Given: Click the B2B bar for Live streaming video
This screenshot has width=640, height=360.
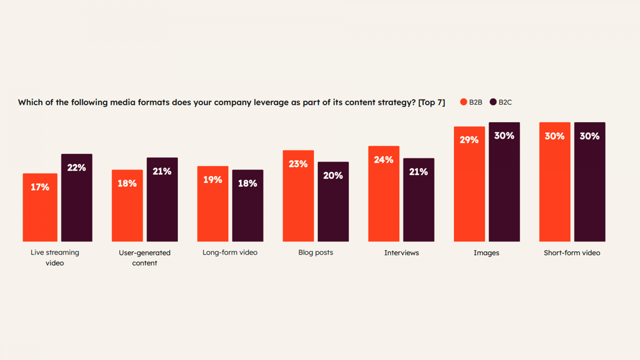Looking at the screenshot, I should [40, 208].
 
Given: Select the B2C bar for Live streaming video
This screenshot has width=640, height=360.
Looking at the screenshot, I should [77, 198].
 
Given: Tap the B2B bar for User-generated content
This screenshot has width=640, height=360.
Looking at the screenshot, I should [127, 206].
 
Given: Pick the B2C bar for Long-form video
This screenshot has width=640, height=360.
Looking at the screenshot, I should [248, 206].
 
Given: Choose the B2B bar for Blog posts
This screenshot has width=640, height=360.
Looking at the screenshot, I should [298, 196].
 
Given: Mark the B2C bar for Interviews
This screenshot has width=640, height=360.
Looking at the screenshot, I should [418, 200].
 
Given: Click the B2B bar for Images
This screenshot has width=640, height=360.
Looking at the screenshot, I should [469, 184].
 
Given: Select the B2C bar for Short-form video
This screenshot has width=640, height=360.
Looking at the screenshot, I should [590, 182].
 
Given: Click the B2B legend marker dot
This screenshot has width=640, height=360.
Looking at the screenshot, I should [464, 102].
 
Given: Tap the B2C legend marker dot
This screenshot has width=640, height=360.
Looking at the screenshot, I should [493, 102].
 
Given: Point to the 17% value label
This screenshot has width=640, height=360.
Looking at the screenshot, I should [40, 187].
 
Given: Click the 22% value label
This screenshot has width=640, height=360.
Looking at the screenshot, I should [76, 168].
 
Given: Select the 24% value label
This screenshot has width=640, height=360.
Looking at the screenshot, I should [384, 160].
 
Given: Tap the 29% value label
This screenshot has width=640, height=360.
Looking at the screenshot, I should [469, 140].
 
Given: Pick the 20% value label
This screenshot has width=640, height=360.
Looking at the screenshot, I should [333, 176].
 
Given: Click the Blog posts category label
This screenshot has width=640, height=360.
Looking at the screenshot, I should [316, 252].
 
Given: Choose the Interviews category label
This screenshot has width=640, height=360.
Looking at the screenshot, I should [402, 253].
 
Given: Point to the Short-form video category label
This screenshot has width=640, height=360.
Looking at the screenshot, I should [572, 253].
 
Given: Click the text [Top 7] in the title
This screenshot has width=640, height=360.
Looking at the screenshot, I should [432, 102].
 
